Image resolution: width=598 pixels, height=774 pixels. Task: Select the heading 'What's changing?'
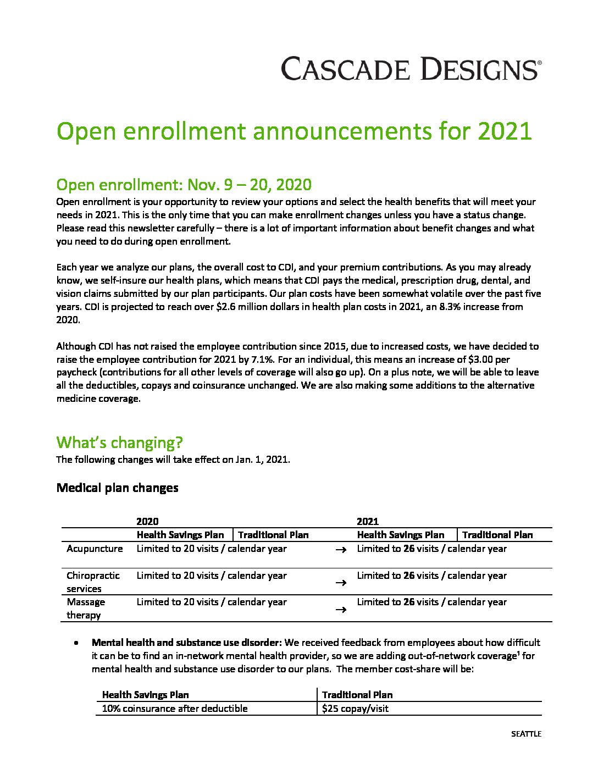pyautogui.click(x=119, y=443)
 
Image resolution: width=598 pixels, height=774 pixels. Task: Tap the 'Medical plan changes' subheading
pyautogui.click(x=117, y=488)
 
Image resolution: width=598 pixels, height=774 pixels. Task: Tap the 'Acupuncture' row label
pyautogui.click(x=95, y=549)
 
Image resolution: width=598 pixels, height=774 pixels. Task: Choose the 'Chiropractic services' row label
pyautogui.click(x=93, y=582)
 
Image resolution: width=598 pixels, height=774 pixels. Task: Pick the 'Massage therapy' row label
pyautogui.click(x=86, y=608)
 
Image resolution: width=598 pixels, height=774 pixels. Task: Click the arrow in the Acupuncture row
pyautogui.click(x=341, y=550)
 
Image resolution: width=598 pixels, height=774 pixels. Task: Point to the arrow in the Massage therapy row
pyautogui.click(x=341, y=610)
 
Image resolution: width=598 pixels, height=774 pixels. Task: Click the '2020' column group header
pyautogui.click(x=147, y=522)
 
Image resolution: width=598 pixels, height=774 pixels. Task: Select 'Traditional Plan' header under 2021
pyautogui.click(x=497, y=535)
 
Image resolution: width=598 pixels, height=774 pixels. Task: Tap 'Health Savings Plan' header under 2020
pyautogui.click(x=180, y=535)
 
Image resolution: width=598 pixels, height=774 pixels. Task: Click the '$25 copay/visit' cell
pyautogui.click(x=355, y=709)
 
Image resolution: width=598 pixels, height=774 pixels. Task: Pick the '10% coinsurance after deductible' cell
pyautogui.click(x=175, y=709)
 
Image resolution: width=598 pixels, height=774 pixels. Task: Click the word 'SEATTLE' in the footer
pyautogui.click(x=526, y=734)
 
